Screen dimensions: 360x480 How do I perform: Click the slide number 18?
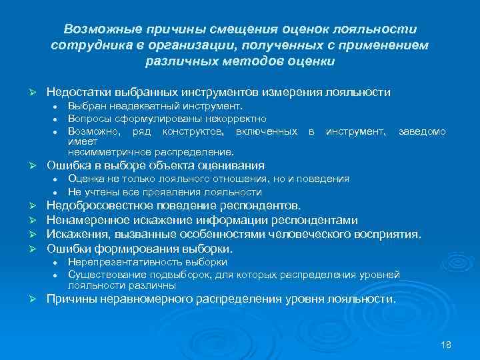coord(447,343)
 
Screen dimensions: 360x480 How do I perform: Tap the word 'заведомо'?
coord(422,131)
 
